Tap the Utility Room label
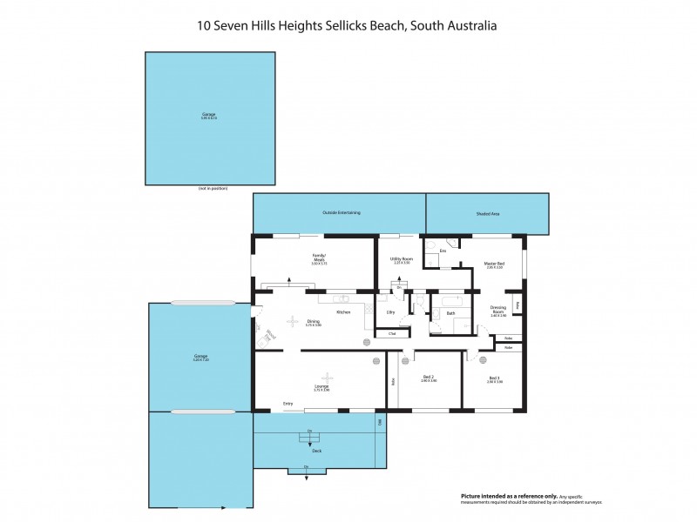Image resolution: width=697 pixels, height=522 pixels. [401, 258]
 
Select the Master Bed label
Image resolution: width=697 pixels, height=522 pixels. [494, 263]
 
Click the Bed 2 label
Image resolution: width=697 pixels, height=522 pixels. [427, 378]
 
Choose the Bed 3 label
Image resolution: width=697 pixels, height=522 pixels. [495, 378]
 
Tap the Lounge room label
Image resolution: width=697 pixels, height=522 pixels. [321, 386]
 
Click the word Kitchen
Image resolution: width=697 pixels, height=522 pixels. [343, 311]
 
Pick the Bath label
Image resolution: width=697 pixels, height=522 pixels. [450, 312]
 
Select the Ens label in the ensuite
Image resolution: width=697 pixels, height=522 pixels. [443, 251]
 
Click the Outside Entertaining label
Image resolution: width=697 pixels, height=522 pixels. [342, 212]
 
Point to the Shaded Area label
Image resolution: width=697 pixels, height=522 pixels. [488, 213]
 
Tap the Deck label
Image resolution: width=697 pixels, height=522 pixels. [317, 451]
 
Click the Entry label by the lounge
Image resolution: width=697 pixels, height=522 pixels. [288, 404]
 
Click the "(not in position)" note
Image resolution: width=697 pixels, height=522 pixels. [208, 189]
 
